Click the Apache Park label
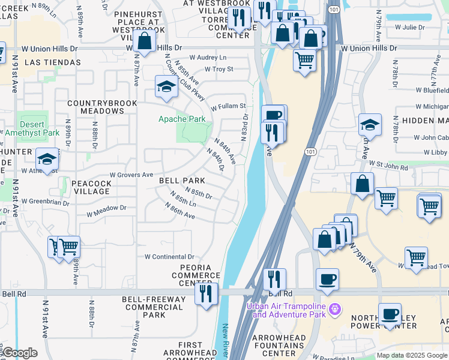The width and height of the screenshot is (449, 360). (x=182, y=119)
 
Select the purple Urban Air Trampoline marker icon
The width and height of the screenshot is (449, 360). (x=335, y=309)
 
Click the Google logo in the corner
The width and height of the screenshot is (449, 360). (x=19, y=353)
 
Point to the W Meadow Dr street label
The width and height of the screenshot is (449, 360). (x=107, y=208)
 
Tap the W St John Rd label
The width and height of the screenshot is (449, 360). (x=394, y=163)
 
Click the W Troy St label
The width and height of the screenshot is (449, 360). (x=218, y=69)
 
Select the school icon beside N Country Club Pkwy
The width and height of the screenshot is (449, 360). (x=166, y=86)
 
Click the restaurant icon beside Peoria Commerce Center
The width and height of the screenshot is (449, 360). (x=205, y=294)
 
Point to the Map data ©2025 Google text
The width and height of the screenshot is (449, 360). (x=412, y=355)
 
